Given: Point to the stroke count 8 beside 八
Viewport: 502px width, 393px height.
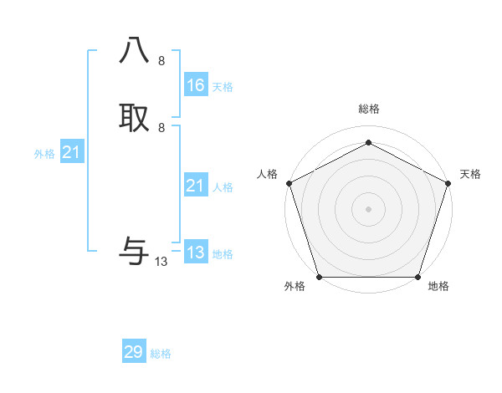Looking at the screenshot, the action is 161,61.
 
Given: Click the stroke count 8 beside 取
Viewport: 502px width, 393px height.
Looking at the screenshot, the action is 161,127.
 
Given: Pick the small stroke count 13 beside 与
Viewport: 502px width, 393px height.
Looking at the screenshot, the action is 161,262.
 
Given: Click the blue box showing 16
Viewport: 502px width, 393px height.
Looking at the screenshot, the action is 195,84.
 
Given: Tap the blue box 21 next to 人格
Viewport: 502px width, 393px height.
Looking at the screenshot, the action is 195,186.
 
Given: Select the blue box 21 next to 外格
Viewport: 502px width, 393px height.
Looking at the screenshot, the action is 72,152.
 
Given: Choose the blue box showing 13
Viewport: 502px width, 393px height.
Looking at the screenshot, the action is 195,252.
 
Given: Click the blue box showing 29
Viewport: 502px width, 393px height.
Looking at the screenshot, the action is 134,352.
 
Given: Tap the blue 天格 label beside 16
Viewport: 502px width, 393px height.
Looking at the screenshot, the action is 223,86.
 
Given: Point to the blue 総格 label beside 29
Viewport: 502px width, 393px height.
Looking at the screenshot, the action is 161,354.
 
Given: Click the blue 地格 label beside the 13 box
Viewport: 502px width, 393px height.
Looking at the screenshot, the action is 223,254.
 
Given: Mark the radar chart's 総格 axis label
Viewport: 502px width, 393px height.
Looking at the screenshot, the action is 368,109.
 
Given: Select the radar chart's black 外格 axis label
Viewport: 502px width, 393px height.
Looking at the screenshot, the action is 295,287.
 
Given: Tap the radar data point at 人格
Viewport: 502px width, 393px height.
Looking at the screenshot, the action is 289,182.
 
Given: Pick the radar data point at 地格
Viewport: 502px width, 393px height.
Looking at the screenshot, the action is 417,276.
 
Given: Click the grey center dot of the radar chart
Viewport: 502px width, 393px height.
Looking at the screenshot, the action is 368,208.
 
